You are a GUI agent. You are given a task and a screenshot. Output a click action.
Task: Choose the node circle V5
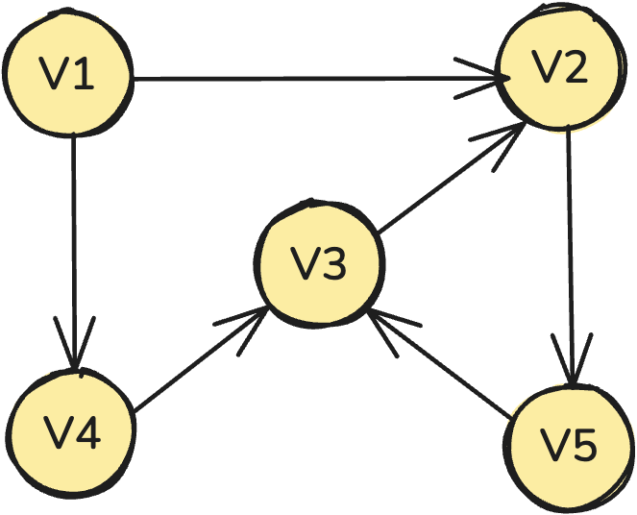tap(569, 444)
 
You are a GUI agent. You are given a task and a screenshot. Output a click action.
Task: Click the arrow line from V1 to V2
tap(317, 79)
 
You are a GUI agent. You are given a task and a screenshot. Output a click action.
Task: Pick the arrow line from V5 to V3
tap(442, 365)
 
